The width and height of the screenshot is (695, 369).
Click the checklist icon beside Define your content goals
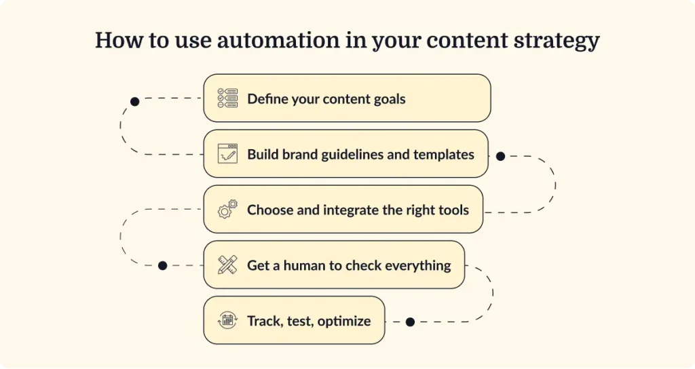coord(227,98)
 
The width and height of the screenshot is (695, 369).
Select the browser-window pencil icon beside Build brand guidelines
coord(227,154)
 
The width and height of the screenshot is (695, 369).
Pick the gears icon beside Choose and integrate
coord(227,209)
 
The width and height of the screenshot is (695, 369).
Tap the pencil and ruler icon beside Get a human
coord(227,265)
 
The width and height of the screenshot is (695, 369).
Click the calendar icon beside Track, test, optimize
coord(227,320)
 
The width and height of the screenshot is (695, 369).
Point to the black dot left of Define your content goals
coord(134,101)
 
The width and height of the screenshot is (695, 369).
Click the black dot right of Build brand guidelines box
coord(500,156)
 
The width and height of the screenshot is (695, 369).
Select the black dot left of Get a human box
coord(162,265)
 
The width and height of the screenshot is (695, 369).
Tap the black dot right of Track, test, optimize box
coord(410,322)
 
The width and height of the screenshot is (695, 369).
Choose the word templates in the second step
coord(442,155)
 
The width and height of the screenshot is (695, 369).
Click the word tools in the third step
coord(452,210)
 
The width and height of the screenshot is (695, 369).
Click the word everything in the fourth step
coord(417,265)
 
